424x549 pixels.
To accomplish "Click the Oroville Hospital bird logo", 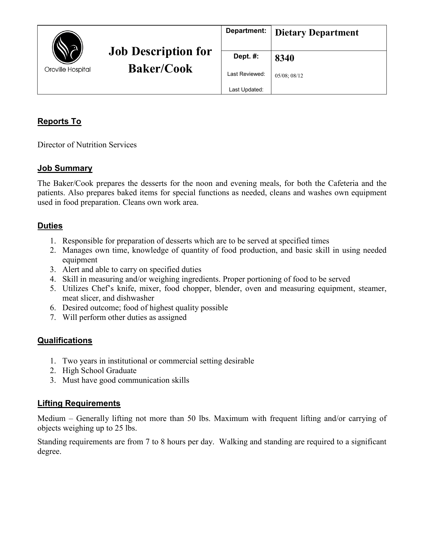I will (68, 47).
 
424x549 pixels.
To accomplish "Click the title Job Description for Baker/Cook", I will (160, 60).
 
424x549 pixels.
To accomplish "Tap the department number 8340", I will (284, 58).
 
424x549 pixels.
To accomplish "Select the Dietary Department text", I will (317, 33).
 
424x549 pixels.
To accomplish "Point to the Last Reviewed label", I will (246, 74).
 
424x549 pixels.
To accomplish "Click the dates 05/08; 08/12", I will (289, 76).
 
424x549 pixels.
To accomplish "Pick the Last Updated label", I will (246, 89).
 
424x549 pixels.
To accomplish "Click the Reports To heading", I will (59, 121).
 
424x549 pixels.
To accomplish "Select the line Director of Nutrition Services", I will (87, 145).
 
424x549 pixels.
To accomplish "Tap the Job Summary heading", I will (65, 168).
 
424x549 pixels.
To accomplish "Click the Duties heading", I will (50, 226).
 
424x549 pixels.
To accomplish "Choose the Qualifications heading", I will (65, 341).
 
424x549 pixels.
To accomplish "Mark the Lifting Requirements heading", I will (79, 403).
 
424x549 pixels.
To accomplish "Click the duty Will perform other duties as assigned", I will (124, 317).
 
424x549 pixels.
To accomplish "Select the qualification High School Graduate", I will (99, 370).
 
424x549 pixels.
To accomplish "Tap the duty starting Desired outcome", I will (145, 308).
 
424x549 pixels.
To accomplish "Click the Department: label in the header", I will (246, 31).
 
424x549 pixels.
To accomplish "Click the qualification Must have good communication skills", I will (126, 380).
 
